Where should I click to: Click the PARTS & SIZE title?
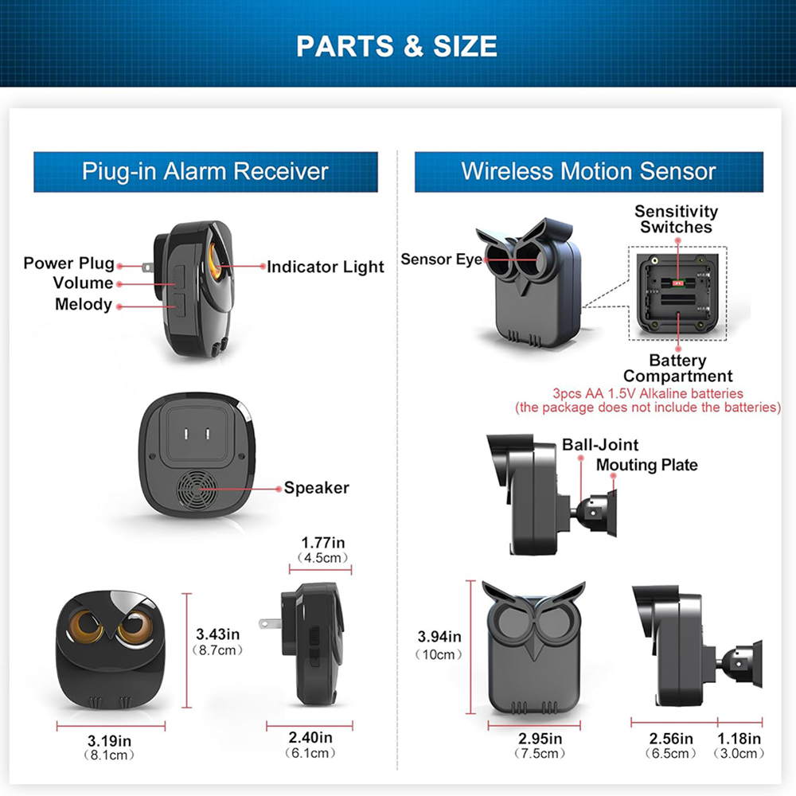point(396,45)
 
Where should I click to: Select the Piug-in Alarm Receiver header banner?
point(205,172)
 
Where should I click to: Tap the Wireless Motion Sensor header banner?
point(588,172)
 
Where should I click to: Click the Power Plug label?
point(68,263)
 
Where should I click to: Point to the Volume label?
point(83,283)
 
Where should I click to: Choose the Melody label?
point(83,304)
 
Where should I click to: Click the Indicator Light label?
point(325,267)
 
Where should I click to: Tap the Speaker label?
point(316,488)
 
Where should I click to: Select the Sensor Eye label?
point(441,259)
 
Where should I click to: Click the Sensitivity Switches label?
point(676,219)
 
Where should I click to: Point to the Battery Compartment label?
point(677,369)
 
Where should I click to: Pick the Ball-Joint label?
point(600,445)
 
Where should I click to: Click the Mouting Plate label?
point(646,465)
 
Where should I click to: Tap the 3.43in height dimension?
point(217,634)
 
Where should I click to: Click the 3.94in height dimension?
point(439,637)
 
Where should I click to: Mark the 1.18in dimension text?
point(739,739)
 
